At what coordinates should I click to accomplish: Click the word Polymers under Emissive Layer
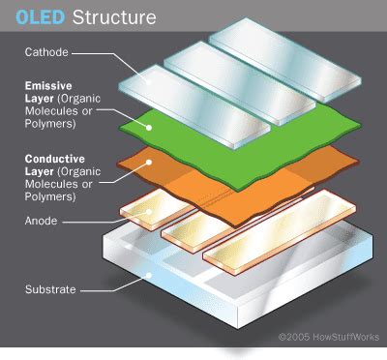tap(46, 123)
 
